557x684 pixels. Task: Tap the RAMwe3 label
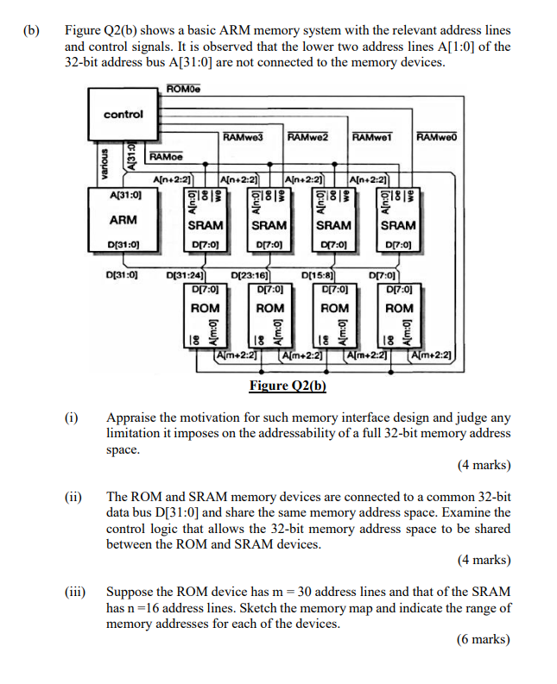coord(243,137)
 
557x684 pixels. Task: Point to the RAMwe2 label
coord(308,137)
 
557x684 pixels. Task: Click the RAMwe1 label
coord(374,137)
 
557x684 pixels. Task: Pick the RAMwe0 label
coord(436,137)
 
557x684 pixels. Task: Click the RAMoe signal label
coord(166,157)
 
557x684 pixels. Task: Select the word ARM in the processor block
coord(123,220)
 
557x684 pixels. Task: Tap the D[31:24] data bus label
coord(184,276)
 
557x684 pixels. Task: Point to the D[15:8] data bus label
coord(318,276)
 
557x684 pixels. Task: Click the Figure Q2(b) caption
coord(288,386)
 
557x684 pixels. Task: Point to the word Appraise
coord(130,417)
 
